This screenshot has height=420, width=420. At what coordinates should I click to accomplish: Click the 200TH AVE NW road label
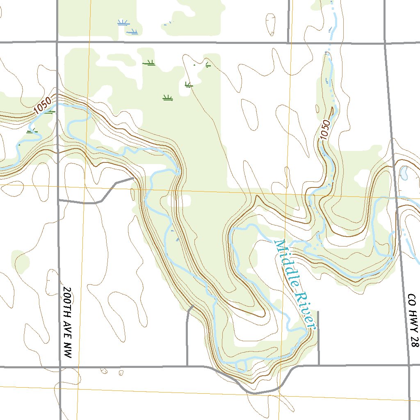[67, 322]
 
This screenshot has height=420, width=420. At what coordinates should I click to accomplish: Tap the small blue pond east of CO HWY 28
[404, 173]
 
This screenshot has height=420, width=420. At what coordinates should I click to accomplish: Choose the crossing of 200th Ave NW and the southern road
[61, 367]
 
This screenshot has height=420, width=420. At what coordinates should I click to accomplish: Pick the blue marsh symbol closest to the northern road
[132, 32]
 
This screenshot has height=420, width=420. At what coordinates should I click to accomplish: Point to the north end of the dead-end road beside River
[318, 313]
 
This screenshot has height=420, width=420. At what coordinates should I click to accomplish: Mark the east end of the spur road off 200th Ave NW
[135, 178]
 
